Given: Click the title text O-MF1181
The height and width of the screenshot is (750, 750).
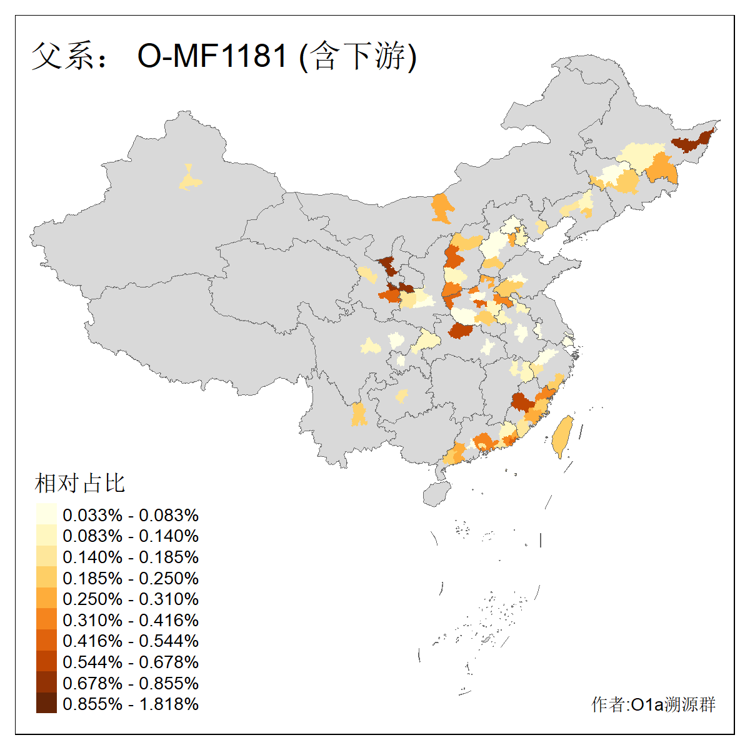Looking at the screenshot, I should pyautogui.click(x=212, y=56).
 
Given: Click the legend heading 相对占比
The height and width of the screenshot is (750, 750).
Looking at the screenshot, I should pyautogui.click(x=80, y=483).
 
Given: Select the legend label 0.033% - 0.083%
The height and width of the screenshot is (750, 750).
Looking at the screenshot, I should pyautogui.click(x=131, y=516).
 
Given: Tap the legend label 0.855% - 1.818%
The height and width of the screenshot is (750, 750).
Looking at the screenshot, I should pyautogui.click(x=131, y=704).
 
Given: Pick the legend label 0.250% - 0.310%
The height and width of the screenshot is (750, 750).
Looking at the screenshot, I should pyautogui.click(x=131, y=599).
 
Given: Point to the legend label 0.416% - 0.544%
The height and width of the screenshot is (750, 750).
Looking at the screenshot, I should pyautogui.click(x=131, y=641).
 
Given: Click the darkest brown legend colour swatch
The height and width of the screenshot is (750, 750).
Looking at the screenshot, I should pyautogui.click(x=46, y=704).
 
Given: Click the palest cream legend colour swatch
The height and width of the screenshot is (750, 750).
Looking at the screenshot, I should pyautogui.click(x=46, y=515).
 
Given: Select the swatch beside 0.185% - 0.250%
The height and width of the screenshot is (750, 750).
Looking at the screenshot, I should pyautogui.click(x=46, y=578).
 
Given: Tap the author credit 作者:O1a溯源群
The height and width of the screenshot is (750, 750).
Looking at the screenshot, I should pyautogui.click(x=653, y=705).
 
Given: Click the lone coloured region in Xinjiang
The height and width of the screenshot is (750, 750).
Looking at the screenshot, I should pyautogui.click(x=190, y=180).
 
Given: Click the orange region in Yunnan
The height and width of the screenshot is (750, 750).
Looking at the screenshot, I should pyautogui.click(x=359, y=414).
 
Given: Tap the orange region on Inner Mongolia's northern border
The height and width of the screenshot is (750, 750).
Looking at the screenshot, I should pyautogui.click(x=442, y=207).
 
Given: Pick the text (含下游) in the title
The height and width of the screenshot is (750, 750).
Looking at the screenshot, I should pyautogui.click(x=358, y=56).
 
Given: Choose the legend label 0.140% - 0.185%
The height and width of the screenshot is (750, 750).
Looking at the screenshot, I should pyautogui.click(x=131, y=557).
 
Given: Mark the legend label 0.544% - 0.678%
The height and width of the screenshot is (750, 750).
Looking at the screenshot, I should pyautogui.click(x=131, y=662).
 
